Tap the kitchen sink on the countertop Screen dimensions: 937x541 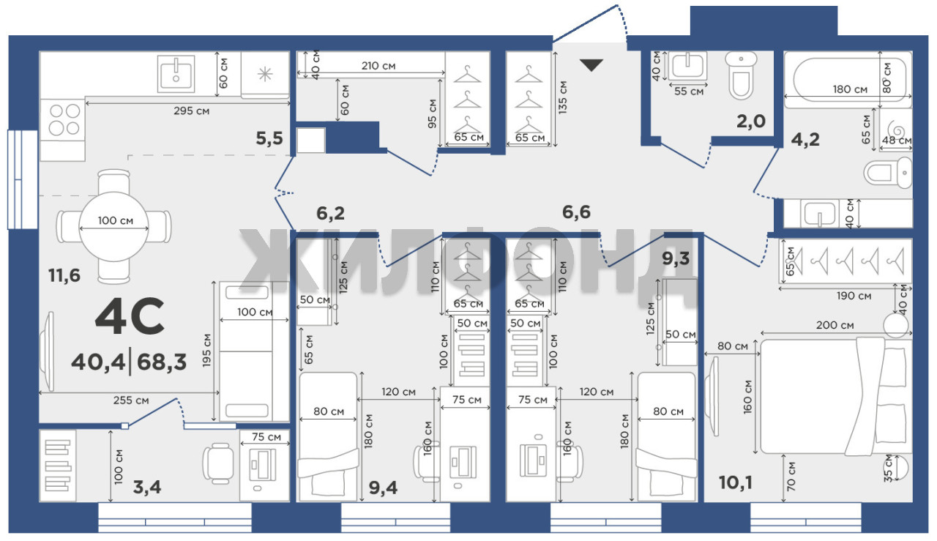[176, 74]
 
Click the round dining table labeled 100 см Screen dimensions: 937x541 [113, 226]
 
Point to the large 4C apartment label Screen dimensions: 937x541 [130, 316]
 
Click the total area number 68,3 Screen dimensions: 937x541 [162, 362]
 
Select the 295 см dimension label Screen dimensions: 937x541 [191, 111]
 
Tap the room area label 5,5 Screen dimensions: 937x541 [269, 138]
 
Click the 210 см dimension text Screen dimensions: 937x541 [378, 66]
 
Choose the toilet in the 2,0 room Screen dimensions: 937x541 [741, 75]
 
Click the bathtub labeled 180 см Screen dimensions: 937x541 [848, 80]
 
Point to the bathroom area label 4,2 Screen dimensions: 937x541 [805, 139]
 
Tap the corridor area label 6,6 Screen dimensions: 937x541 [576, 212]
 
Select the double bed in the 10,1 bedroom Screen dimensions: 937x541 [836, 396]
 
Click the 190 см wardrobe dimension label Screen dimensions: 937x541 [854, 296]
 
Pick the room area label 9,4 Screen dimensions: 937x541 [383, 488]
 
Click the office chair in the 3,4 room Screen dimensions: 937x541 [218, 463]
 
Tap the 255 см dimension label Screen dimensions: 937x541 [131, 400]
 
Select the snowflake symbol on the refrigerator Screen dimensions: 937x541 [265, 75]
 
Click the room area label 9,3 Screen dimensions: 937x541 [676, 258]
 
